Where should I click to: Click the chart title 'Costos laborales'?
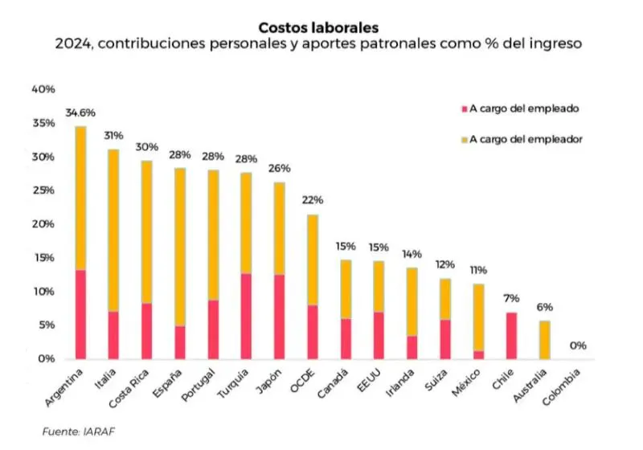(x=321, y=28)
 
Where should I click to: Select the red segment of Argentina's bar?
(x=80, y=314)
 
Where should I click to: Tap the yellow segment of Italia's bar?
(x=113, y=230)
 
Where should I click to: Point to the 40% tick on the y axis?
(x=43, y=89)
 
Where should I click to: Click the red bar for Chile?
(x=510, y=335)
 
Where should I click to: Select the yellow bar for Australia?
(x=544, y=339)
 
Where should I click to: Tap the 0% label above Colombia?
(x=578, y=346)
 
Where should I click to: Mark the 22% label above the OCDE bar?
(x=313, y=200)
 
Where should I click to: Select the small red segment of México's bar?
(x=477, y=354)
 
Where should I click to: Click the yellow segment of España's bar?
(x=180, y=246)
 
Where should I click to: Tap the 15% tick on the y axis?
(x=43, y=257)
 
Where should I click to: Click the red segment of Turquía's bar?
(x=246, y=316)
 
